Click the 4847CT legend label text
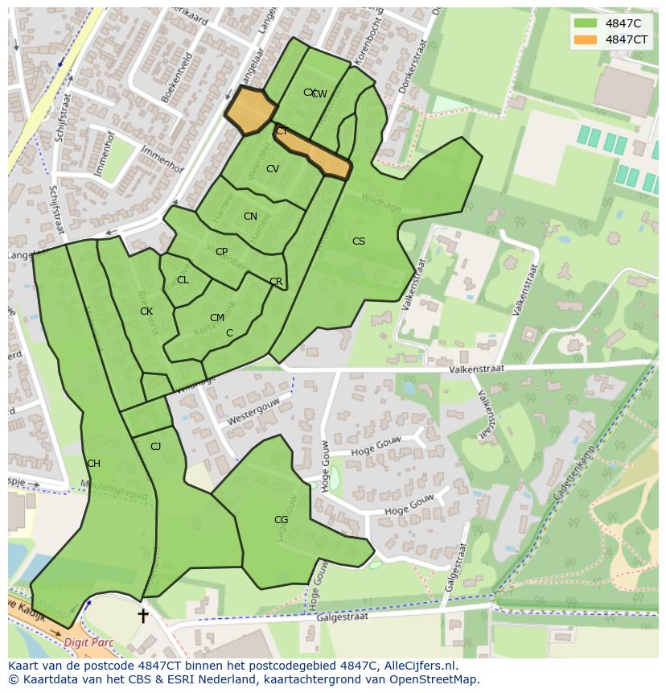coord(627,39)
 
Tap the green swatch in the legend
coord(586,23)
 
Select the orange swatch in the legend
coord(586,39)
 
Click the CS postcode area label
coord(359,241)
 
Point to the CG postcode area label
coord(281,520)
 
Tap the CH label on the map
coord(93,464)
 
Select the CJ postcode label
coord(156,447)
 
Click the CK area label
coord(146,311)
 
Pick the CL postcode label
coord(183,280)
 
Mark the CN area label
coord(250,217)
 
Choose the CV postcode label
coord(273,169)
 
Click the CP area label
coord(221,252)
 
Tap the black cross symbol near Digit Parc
coord(143,616)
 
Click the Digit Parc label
coord(88,643)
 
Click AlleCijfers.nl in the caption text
coord(419,666)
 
